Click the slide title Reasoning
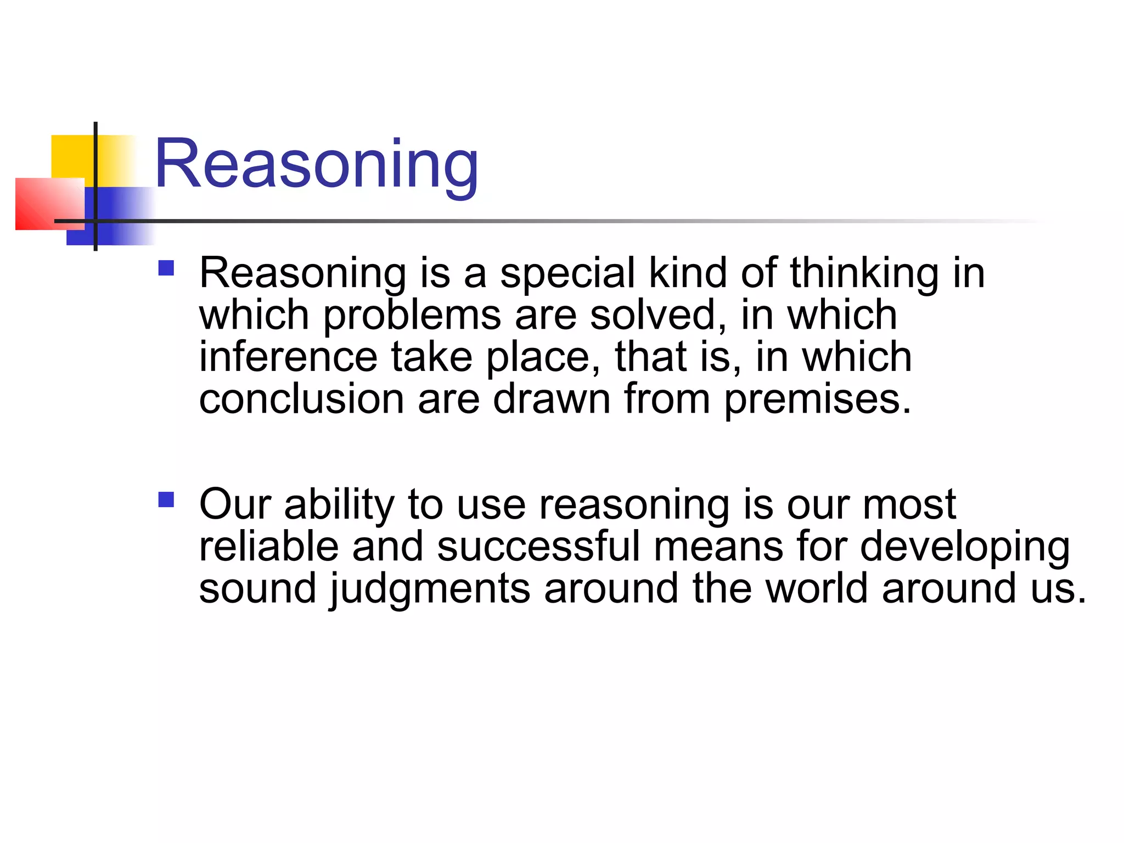tap(317, 164)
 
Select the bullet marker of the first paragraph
tap(166, 268)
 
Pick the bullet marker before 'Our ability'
tap(166, 499)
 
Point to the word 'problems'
tap(412, 316)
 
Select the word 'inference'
tap(288, 357)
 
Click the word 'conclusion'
tap(301, 398)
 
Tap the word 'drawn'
tap(552, 398)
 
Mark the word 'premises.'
tap(817, 400)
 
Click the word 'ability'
tap(339, 505)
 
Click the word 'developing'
tap(965, 548)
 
